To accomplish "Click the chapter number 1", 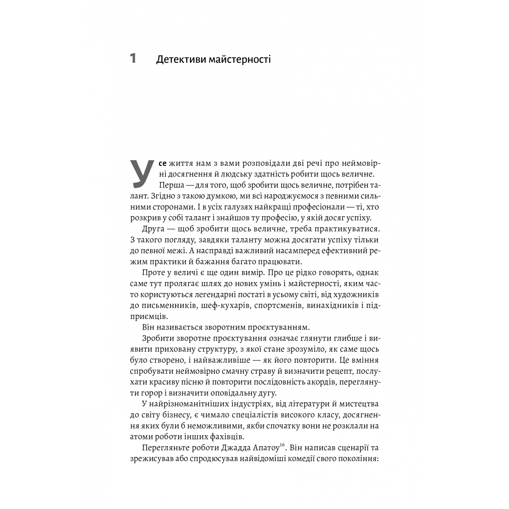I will point(133,58).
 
